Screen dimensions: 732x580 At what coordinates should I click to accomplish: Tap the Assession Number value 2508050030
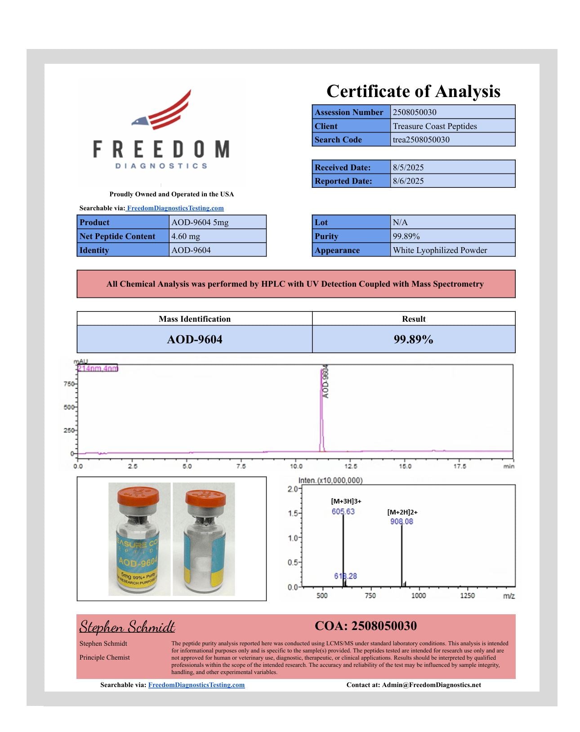tap(415, 112)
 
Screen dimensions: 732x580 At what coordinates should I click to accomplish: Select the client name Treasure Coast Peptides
tap(435, 126)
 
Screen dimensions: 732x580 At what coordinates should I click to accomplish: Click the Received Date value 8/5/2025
tap(408, 168)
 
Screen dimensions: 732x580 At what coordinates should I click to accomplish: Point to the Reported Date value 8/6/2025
tap(408, 181)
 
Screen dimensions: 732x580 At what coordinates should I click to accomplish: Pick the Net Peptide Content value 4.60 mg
tap(186, 236)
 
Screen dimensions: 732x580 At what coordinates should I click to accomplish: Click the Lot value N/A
tap(400, 222)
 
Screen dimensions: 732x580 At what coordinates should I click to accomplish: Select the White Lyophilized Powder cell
tap(440, 250)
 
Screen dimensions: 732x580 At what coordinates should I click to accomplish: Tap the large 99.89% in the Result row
tap(413, 339)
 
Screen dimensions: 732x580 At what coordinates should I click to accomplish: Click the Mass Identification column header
tap(194, 319)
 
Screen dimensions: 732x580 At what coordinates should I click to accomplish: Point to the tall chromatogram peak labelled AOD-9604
tap(322, 404)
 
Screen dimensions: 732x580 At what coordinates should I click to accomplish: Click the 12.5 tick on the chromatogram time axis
tap(351, 466)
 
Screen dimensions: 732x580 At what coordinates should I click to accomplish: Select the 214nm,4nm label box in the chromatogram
tap(98, 368)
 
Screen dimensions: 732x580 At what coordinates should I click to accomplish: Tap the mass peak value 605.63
tap(343, 512)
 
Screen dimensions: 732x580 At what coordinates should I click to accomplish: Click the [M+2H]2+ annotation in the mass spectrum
tap(402, 512)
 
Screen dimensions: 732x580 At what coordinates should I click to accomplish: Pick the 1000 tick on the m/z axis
tap(419, 596)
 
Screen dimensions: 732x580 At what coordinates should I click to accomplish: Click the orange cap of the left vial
tap(138, 496)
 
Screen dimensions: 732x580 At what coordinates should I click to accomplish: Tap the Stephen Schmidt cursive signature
tap(127, 626)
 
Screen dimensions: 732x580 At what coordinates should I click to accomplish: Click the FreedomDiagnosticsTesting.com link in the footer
tap(196, 685)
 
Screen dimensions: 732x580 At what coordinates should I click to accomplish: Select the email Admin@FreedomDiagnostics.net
tap(432, 685)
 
